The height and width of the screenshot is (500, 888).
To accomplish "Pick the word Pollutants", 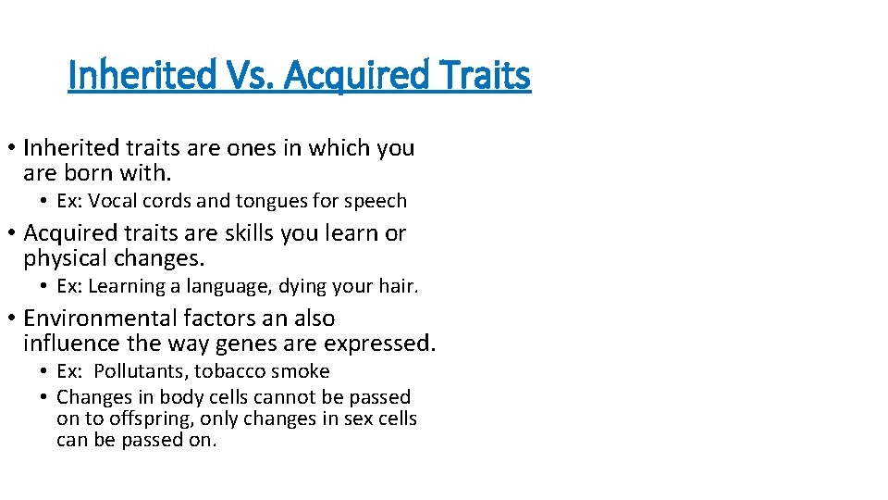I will pyautogui.click(x=138, y=371).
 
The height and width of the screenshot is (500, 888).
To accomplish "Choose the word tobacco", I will pyautogui.click(x=240, y=371).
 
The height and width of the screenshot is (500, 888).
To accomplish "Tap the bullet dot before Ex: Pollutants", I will pyautogui.click(x=43, y=371).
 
